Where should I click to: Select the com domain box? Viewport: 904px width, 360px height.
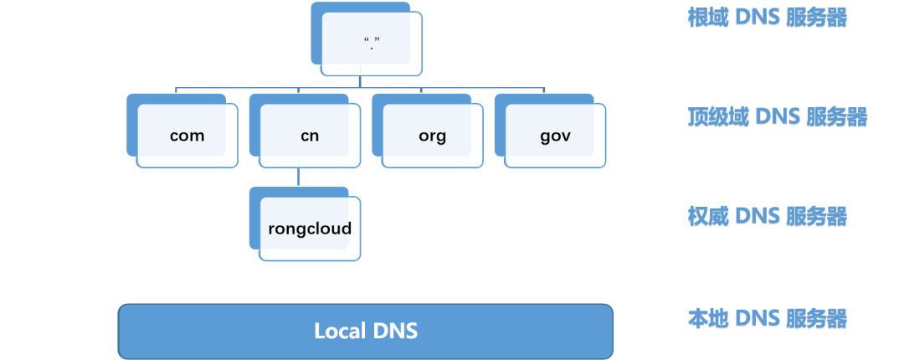pos(187,135)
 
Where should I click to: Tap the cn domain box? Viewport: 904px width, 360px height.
pos(309,135)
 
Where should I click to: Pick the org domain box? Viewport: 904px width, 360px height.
pos(432,135)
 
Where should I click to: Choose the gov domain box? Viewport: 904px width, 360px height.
pos(555,135)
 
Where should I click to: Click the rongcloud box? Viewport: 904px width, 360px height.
pos(310,228)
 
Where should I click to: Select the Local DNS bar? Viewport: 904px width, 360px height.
pos(365,331)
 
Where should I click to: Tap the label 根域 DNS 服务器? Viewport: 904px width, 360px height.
pos(767,18)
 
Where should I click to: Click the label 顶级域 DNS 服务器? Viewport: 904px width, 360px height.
pos(777,117)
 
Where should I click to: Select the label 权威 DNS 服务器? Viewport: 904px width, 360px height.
pos(767,217)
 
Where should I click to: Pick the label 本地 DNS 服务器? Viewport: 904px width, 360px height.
pos(767,318)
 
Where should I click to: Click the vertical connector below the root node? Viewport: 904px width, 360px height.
pos(360,80)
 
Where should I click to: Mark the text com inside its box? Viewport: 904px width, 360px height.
pos(187,136)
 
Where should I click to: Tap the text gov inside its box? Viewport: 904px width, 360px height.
pos(555,136)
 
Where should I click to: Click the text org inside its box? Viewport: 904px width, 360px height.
pos(432,136)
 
